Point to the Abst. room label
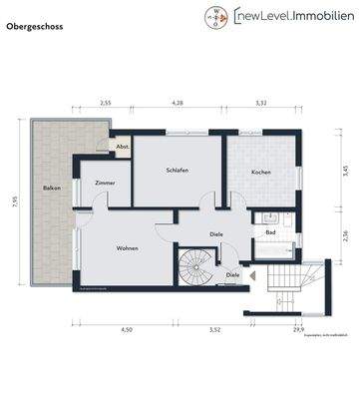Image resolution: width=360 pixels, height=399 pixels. [x=122, y=147]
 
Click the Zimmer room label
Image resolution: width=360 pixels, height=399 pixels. [x=105, y=185]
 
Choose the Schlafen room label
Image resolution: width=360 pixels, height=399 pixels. [x=178, y=172]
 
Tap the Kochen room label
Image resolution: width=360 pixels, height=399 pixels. [x=261, y=172]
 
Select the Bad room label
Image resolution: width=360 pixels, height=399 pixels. [x=270, y=233]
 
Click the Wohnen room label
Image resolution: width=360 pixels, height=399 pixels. [x=127, y=247]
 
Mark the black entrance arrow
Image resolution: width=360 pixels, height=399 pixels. [x=253, y=274]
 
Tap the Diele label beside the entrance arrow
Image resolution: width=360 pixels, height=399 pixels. [x=232, y=274]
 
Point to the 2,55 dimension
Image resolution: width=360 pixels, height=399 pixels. [x=105, y=103]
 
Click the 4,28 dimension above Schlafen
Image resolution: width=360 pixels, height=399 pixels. [x=178, y=103]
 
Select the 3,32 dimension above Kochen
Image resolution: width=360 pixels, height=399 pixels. [x=261, y=103]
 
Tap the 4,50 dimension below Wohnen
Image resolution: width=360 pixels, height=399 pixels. [x=127, y=328]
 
